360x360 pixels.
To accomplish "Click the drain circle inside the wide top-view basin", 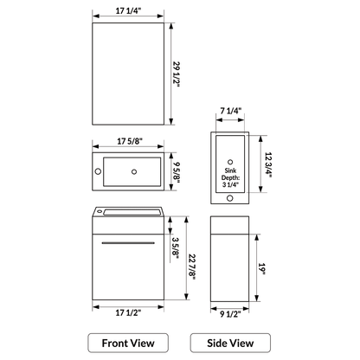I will (x=135, y=171).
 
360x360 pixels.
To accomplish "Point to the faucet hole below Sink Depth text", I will (x=230, y=197).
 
